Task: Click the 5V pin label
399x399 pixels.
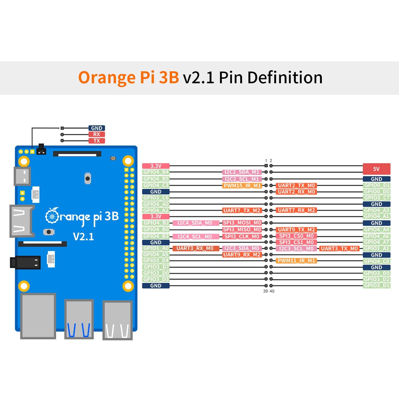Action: click(x=376, y=169)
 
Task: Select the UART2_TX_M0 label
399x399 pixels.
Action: click(x=296, y=185)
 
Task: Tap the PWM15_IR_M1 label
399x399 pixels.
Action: click(x=242, y=185)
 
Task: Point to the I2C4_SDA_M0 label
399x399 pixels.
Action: click(x=196, y=223)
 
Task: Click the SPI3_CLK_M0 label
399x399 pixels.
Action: click(x=242, y=236)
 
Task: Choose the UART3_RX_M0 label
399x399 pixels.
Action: click(x=196, y=248)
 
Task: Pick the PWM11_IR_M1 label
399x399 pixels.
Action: click(x=296, y=261)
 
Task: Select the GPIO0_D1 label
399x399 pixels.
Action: click(x=376, y=185)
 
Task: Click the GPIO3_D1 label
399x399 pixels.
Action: click(x=376, y=285)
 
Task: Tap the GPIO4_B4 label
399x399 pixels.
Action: click(x=156, y=172)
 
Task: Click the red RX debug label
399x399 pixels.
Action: click(x=97, y=134)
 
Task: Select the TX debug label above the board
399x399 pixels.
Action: click(x=97, y=141)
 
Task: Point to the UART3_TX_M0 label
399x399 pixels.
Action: click(x=339, y=248)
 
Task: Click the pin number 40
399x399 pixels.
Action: click(x=272, y=291)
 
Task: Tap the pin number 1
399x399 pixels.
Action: click(x=266, y=161)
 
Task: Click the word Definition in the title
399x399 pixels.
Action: click(x=285, y=78)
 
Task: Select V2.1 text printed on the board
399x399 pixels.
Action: click(x=83, y=236)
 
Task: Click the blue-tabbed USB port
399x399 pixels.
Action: click(x=79, y=319)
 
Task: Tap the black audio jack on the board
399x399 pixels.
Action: click(x=25, y=263)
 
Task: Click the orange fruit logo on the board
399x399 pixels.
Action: click(x=52, y=216)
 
